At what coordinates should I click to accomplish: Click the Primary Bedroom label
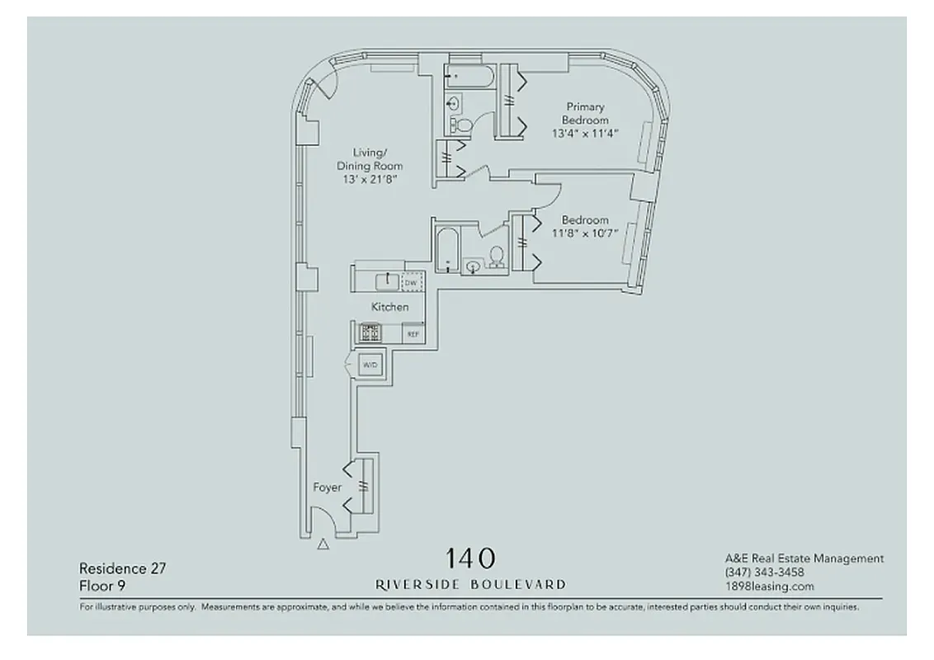pos(584,113)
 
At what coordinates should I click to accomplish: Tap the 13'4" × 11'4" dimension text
pos(584,133)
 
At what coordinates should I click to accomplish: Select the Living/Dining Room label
pos(369,159)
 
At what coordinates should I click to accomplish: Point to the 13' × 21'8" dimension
pos(369,179)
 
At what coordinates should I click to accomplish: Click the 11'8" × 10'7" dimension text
pos(585,233)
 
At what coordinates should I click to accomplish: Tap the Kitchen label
pos(389,307)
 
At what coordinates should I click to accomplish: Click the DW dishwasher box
pos(411,283)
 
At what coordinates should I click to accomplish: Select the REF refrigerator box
pos(412,333)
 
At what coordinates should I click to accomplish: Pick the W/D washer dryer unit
pos(370,364)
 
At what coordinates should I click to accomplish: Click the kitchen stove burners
pos(370,332)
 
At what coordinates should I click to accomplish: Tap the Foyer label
pos(327,488)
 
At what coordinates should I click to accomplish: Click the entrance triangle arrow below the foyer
pos(323,544)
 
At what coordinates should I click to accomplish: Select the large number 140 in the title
pos(470,559)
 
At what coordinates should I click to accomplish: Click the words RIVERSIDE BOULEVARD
pos(470,584)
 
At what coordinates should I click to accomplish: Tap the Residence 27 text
pos(116,568)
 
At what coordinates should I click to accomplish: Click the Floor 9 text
pos(102,586)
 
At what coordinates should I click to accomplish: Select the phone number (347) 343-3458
pos(764,573)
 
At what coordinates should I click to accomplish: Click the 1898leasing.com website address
pos(769,587)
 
